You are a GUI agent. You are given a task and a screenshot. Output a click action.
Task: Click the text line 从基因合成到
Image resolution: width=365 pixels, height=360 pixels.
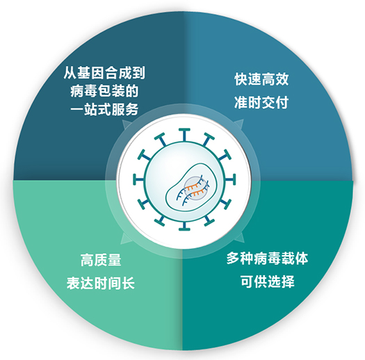tap(104, 73)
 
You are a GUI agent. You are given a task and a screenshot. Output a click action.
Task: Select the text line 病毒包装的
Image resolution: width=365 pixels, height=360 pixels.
tap(104, 91)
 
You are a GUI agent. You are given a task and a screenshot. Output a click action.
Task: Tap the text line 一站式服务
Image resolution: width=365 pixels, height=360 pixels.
tap(104, 109)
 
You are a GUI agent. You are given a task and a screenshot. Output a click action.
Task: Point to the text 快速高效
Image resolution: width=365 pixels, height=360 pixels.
tap(261, 79)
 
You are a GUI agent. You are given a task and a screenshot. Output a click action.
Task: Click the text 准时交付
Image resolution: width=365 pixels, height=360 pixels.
tap(261, 102)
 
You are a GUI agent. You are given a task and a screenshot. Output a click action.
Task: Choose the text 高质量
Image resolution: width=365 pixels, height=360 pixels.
tap(101, 260)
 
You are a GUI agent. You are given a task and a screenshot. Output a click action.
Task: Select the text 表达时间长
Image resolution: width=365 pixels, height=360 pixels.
tap(101, 283)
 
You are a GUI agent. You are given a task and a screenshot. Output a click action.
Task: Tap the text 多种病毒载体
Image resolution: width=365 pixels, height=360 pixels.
tap(267, 258)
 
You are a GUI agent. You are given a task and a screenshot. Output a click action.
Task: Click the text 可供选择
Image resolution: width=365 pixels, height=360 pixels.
tap(267, 281)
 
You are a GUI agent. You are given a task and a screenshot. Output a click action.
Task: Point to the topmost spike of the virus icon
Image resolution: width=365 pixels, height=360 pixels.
tap(184, 135)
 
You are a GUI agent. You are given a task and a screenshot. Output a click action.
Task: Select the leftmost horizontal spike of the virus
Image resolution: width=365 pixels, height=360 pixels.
tap(139, 179)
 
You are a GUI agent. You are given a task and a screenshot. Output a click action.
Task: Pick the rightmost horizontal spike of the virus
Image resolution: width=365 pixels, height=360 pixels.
tap(229, 179)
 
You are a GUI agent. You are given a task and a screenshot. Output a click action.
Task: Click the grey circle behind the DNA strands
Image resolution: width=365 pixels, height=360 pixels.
tap(195, 188)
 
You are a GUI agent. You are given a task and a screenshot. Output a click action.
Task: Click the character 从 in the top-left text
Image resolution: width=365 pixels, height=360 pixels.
tap(70, 73)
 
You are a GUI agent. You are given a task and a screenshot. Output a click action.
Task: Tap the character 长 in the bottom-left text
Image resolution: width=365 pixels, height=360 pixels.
tap(128, 283)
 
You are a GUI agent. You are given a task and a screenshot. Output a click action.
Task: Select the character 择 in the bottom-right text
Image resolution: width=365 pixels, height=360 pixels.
tap(288, 281)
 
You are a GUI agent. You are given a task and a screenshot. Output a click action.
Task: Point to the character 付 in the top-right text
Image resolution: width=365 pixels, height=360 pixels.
tap(282, 102)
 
